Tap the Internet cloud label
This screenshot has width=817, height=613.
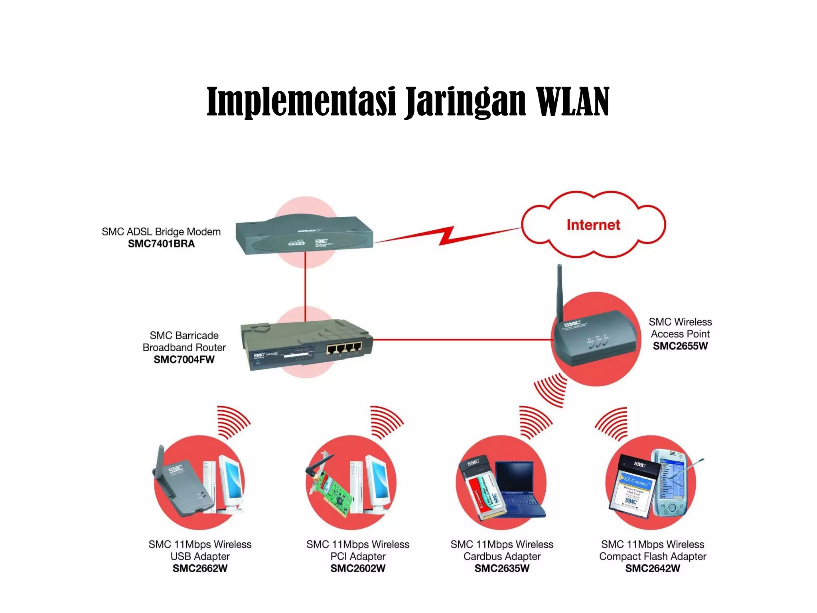point(593,225)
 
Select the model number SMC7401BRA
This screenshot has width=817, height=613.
point(161,244)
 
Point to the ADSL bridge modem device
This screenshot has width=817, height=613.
point(304,235)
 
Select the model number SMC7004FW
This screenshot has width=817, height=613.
point(184,360)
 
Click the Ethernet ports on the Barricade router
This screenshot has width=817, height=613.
point(344,348)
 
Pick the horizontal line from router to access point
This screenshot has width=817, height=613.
point(459,340)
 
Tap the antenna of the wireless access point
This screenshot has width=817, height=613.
point(560,291)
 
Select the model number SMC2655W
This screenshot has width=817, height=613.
point(680,346)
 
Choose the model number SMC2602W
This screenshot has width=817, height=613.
point(358,568)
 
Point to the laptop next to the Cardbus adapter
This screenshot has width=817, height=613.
point(519,487)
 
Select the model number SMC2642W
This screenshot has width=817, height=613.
point(653,568)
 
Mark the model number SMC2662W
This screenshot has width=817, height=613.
point(200,568)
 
